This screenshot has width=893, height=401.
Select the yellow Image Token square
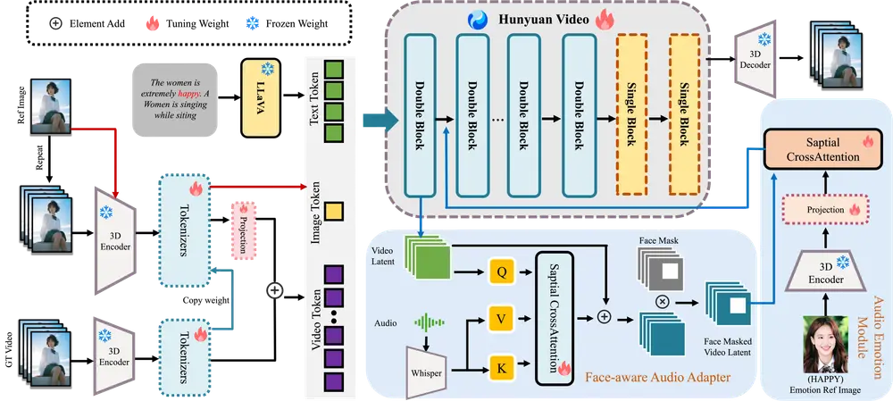[334, 213]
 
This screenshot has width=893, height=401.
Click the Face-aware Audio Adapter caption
[659, 379]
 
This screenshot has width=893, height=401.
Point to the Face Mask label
[659, 241]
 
